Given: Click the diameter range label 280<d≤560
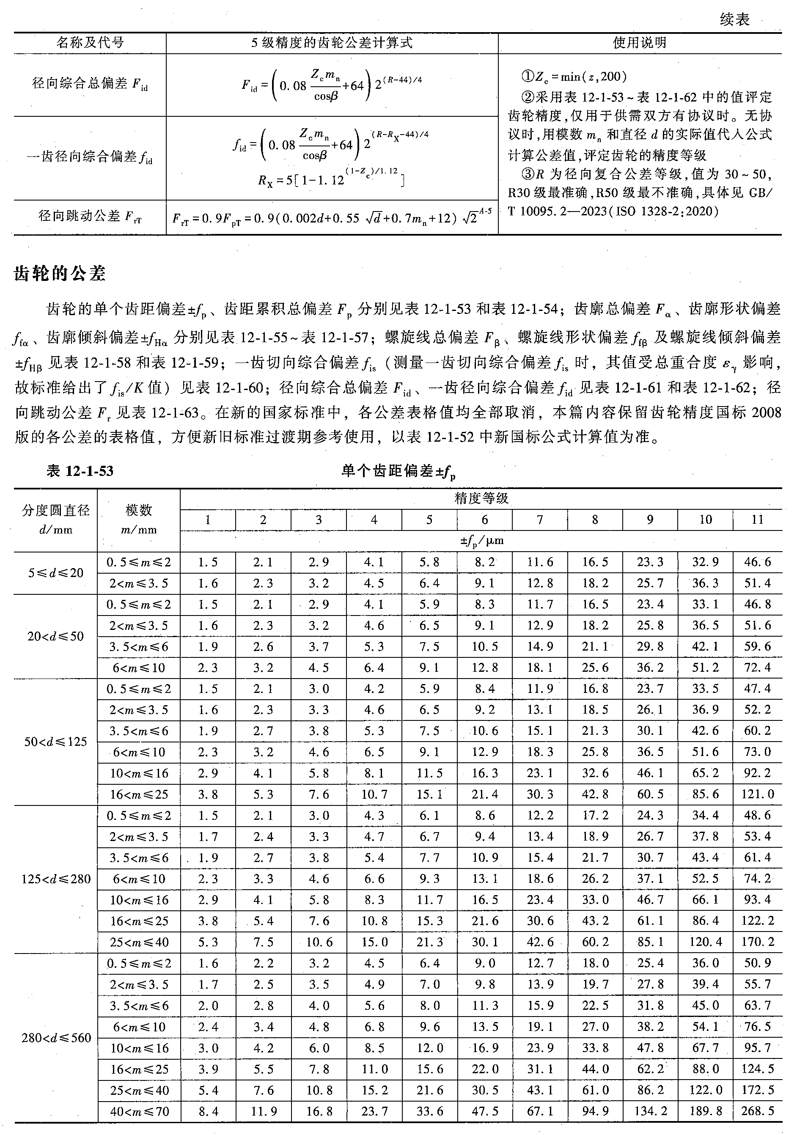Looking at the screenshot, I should [56, 1038].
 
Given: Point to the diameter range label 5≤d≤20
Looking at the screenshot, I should [56, 573].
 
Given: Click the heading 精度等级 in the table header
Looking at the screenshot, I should [481, 498].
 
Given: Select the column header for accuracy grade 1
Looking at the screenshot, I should [208, 519].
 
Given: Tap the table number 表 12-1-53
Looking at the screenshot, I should [80, 470].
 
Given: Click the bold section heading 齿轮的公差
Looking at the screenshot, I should [60, 273].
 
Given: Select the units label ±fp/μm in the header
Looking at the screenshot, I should [481, 541].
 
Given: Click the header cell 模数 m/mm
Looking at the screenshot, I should [139, 519].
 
